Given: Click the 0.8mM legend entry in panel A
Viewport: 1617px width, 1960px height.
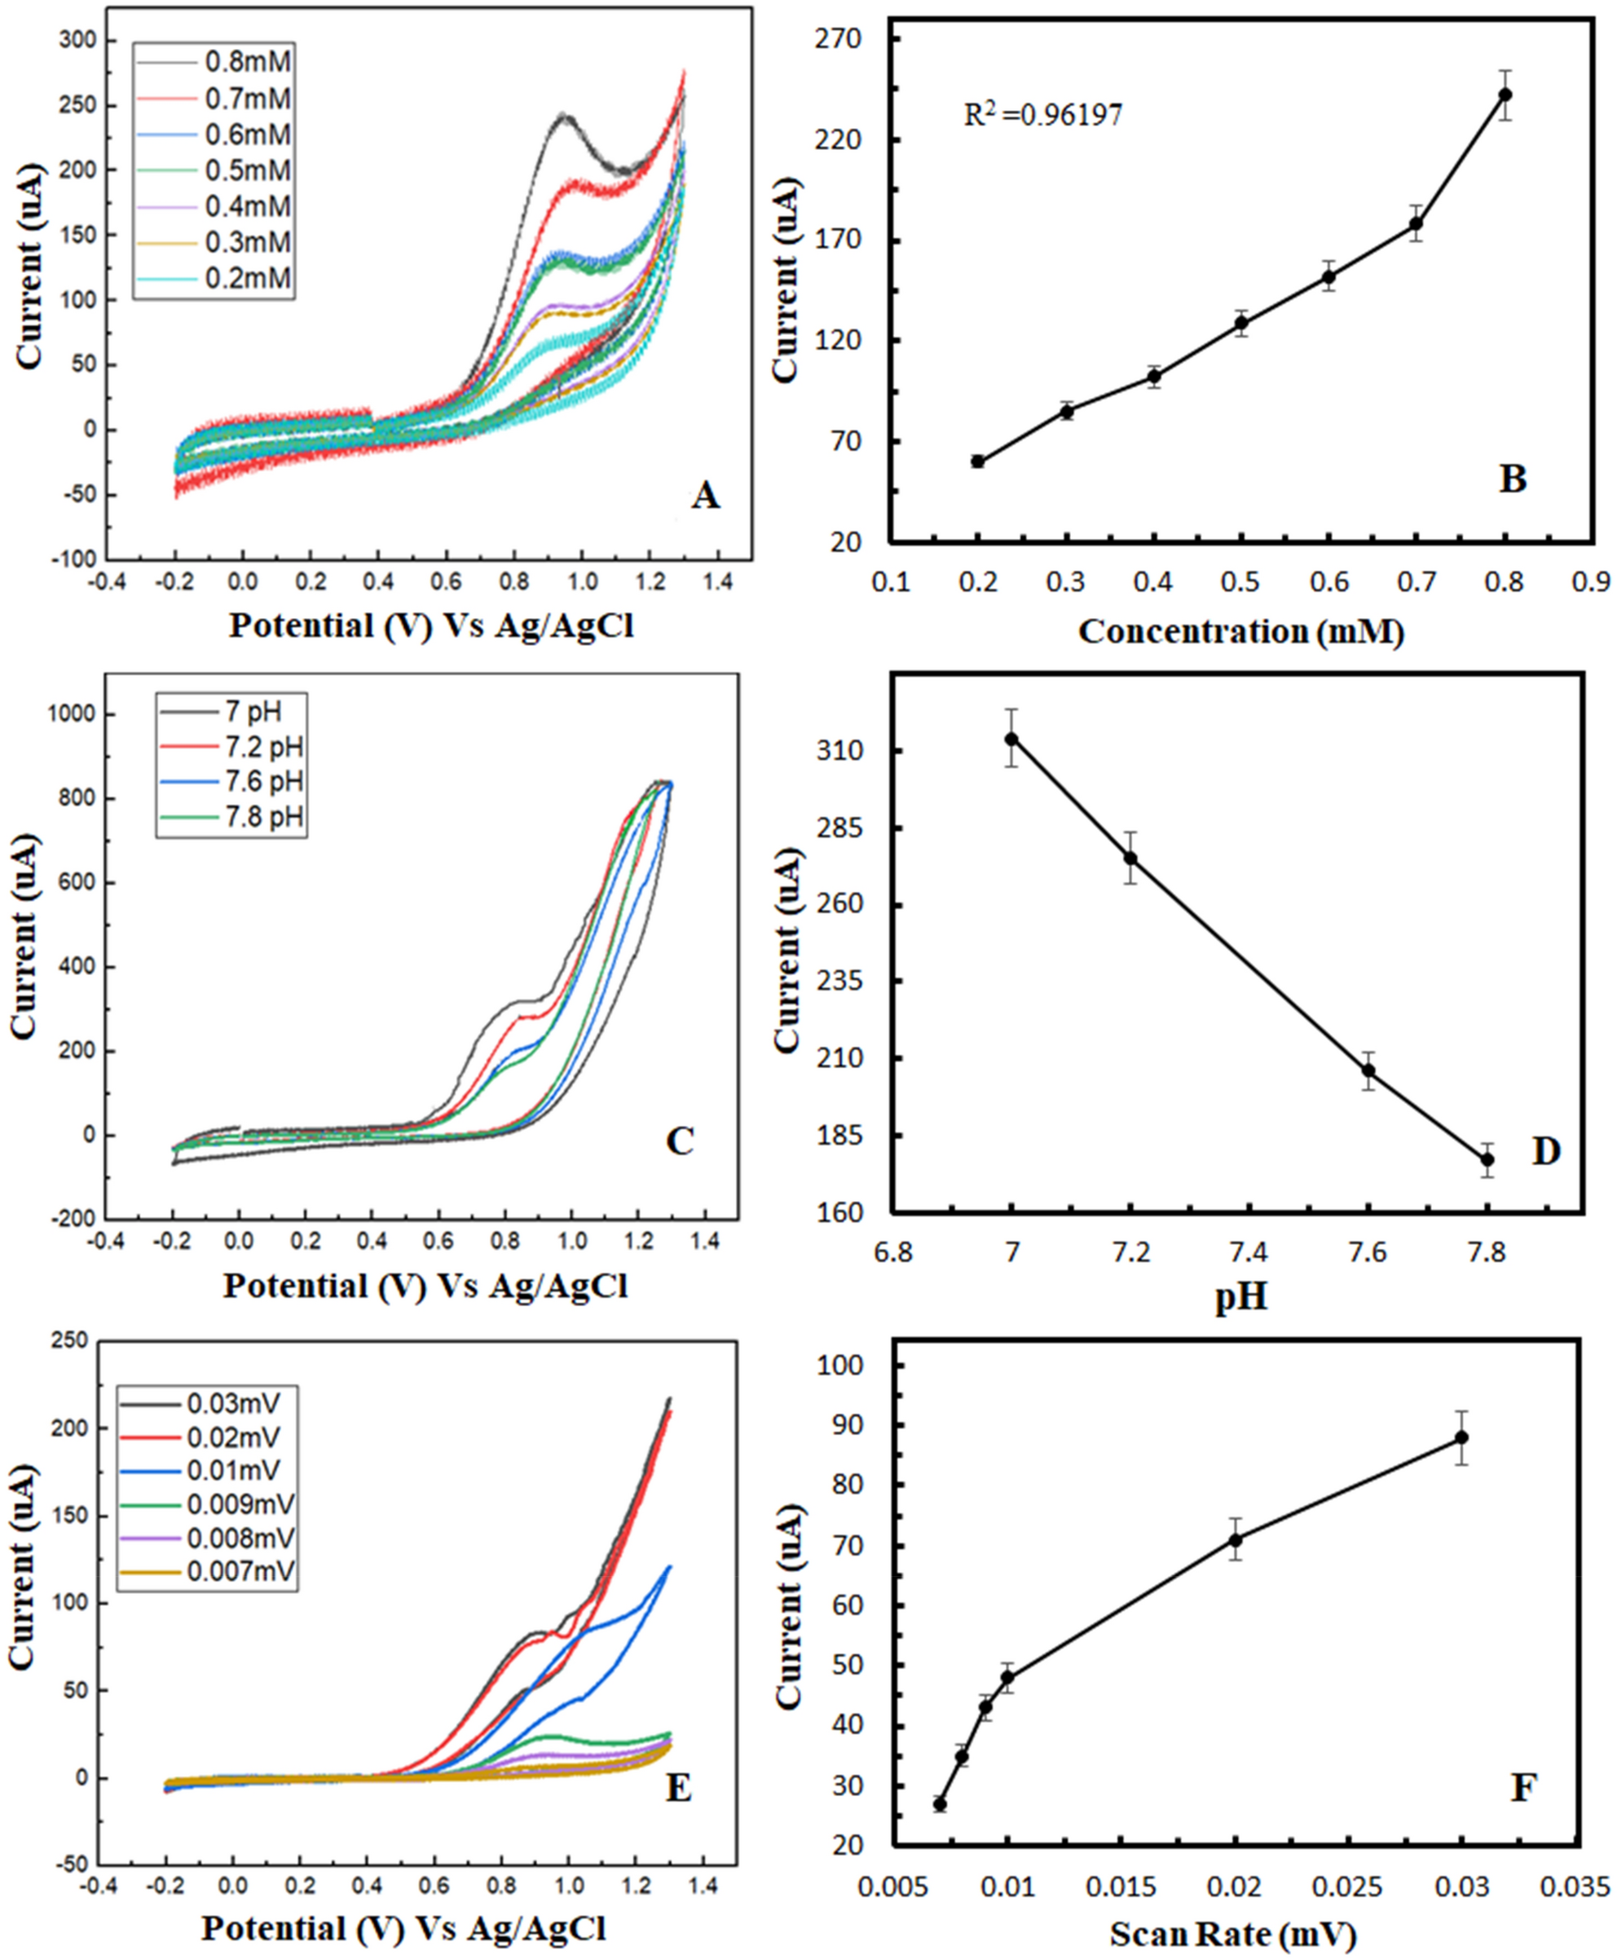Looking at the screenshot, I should [x=247, y=63].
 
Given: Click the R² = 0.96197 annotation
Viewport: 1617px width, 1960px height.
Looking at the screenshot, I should [x=1042, y=115].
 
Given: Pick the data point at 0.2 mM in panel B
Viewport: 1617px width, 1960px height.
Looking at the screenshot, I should [x=978, y=461].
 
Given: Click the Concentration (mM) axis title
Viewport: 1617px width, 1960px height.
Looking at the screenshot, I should [x=1240, y=633].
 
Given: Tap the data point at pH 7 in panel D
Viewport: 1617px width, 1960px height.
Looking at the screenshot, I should [x=1011, y=739].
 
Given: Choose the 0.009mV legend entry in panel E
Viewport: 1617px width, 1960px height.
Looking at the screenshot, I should [x=240, y=1504].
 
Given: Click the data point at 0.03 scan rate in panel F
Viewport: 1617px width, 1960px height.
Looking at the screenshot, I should [x=1462, y=1437].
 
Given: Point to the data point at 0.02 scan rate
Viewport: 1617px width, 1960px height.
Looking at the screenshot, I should [x=1235, y=1540].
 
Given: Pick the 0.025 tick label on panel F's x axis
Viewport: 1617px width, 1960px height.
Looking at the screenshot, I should [x=1348, y=1887].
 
